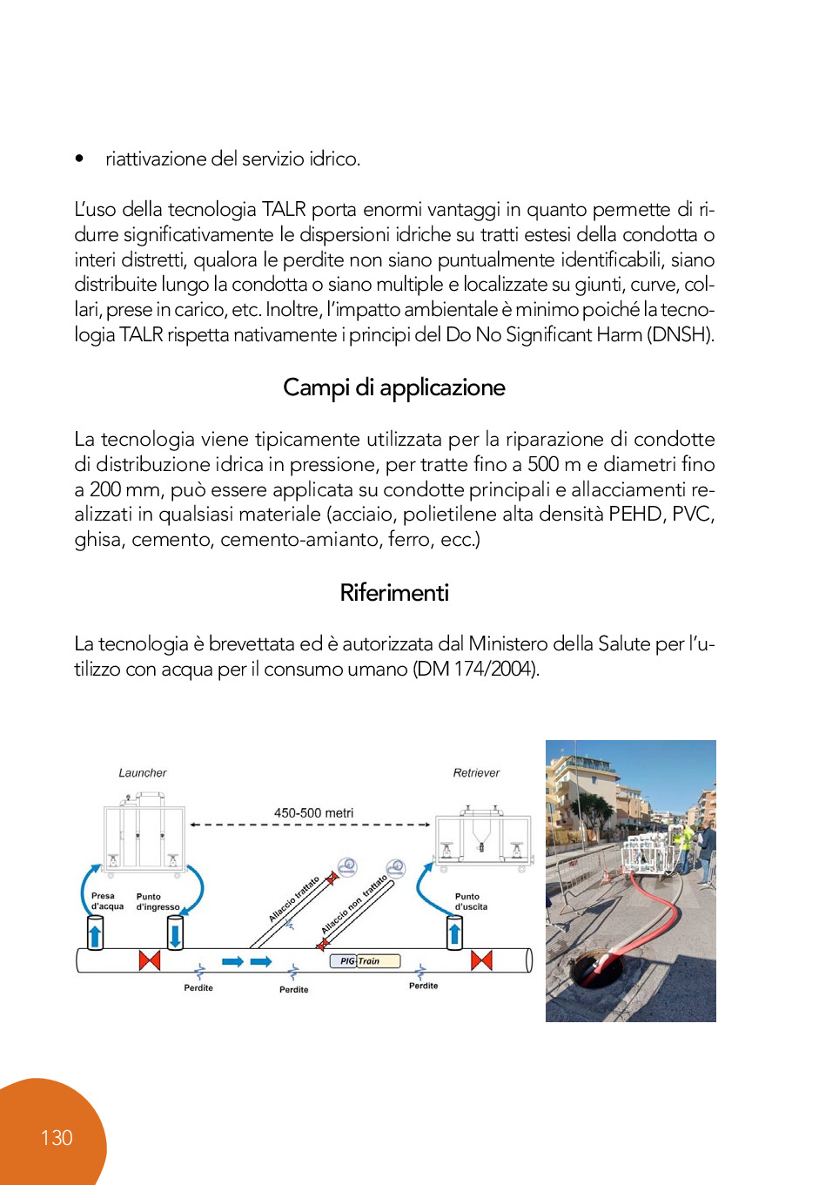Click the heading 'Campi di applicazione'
point(393,387)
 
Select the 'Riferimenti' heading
point(394,593)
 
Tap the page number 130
point(57,1138)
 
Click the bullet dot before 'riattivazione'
point(79,158)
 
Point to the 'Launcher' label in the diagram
point(142,772)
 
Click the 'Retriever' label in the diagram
point(476,772)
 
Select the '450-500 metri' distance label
point(313,812)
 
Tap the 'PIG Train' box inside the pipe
point(365,961)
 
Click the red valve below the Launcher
point(150,960)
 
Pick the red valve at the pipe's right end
point(481,960)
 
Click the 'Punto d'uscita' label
point(470,901)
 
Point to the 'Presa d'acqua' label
point(107,900)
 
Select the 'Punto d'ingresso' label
point(157,901)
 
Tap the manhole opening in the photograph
point(595,966)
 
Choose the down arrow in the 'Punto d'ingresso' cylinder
point(175,935)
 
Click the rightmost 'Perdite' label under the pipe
point(423,986)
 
